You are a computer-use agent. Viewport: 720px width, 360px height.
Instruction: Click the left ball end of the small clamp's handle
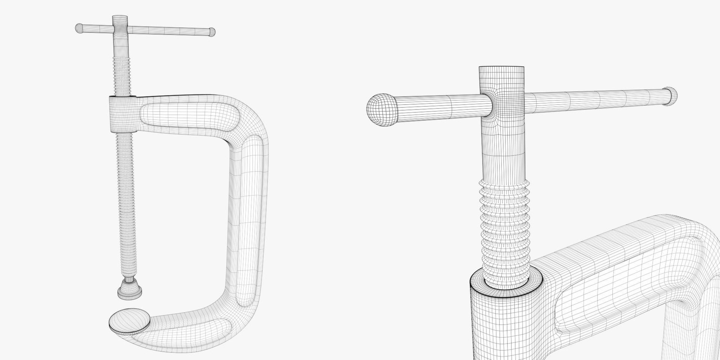[x=79, y=28]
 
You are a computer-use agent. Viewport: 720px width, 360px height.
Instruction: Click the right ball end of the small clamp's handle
[x=212, y=32]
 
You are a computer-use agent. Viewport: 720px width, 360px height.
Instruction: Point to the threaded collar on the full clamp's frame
[x=122, y=114]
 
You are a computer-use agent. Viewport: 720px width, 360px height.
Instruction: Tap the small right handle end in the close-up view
[x=672, y=97]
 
